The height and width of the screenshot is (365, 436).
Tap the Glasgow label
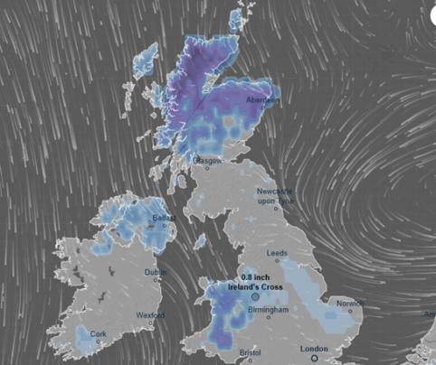click(x=207, y=160)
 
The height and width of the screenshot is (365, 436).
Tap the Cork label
click(x=97, y=332)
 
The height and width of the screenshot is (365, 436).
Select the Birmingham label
click(x=268, y=310)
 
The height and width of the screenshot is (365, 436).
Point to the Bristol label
click(x=250, y=352)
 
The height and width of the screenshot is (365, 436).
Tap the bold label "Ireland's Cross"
click(x=256, y=286)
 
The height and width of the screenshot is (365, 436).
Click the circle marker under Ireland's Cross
click(x=255, y=295)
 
